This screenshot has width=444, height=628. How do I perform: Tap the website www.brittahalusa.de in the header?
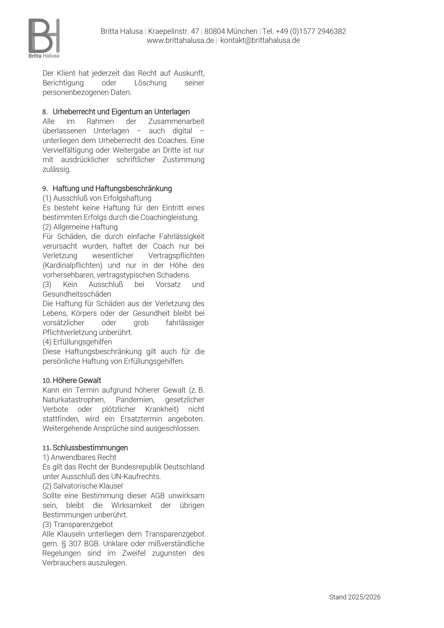click(180, 40)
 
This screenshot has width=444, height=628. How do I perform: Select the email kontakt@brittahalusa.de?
click(260, 40)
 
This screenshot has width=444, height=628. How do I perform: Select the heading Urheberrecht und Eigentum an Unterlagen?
click(121, 112)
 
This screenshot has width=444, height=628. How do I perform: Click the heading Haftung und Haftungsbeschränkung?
click(112, 188)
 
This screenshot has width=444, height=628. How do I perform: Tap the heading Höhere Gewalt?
click(77, 380)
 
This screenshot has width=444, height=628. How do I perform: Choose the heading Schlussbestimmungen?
click(90, 448)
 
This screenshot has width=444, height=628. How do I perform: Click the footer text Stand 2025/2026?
click(355, 597)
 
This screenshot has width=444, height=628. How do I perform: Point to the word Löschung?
click(150, 83)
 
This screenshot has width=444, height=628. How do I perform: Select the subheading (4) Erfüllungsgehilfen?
click(77, 342)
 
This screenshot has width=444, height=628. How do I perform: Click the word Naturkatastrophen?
click(74, 400)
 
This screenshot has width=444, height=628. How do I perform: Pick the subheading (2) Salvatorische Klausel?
click(83, 486)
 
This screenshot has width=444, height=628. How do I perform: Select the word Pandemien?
click(135, 400)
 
